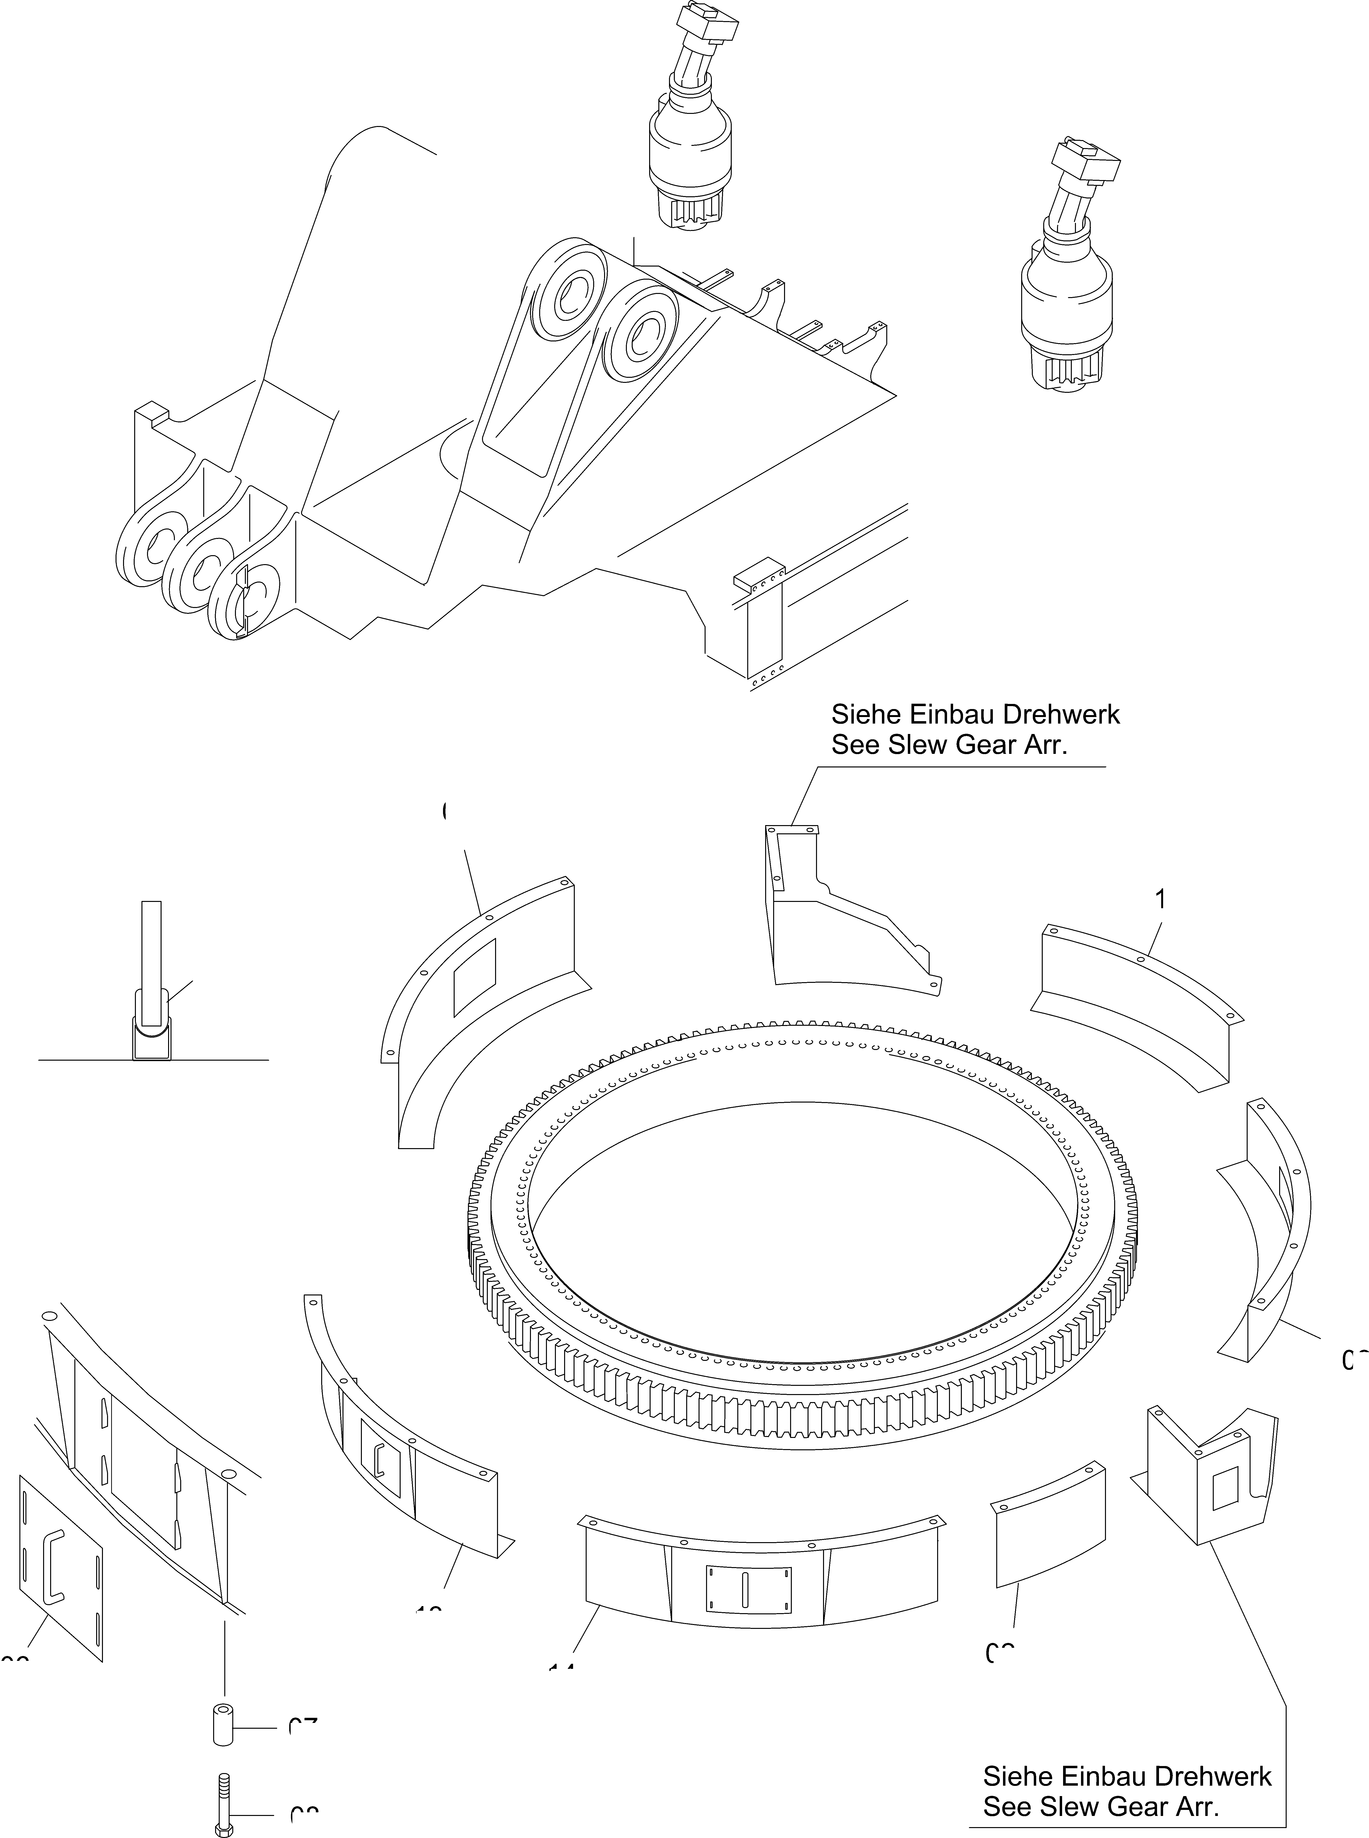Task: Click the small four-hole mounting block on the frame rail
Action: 758,574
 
